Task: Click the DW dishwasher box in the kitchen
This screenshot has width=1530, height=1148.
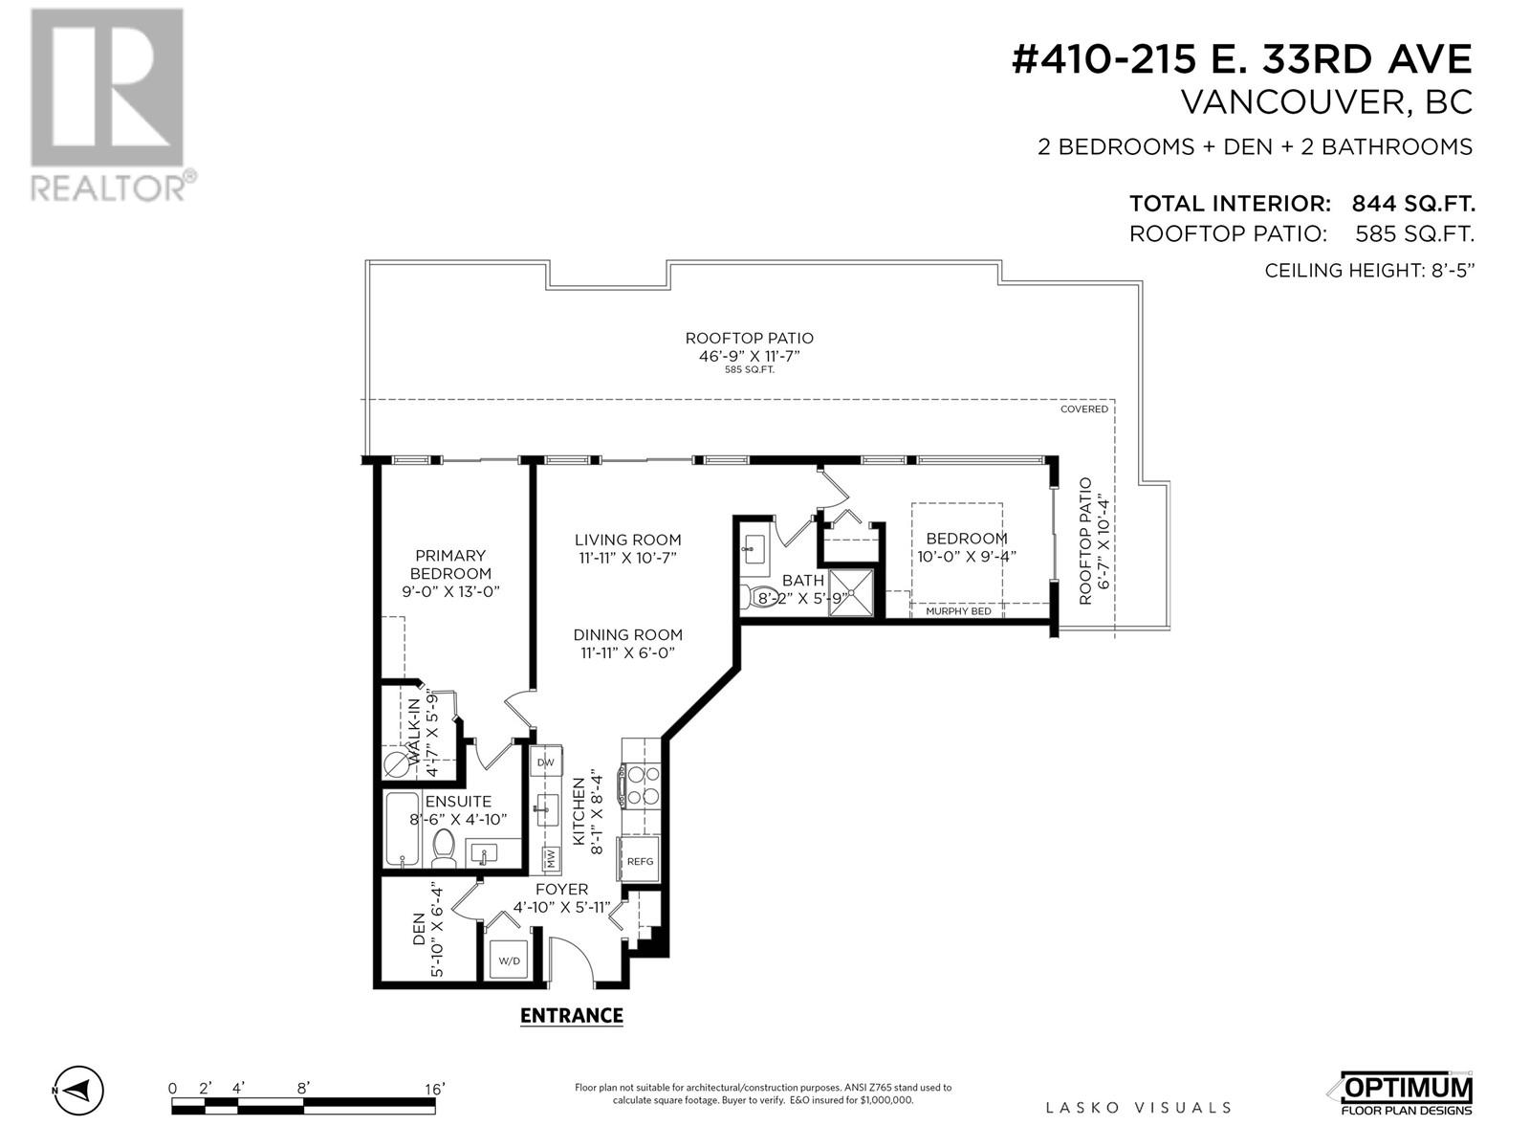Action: (x=545, y=762)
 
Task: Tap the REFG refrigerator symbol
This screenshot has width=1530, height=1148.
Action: (x=640, y=861)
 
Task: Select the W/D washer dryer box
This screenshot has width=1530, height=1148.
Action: (x=507, y=960)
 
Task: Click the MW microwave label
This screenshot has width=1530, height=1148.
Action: (x=551, y=858)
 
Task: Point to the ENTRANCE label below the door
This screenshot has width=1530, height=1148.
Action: (x=571, y=1015)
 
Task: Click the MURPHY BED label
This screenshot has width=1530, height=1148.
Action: (x=958, y=610)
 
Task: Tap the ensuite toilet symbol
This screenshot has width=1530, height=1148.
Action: (x=443, y=846)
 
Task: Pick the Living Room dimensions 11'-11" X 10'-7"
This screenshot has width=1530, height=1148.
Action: (x=627, y=558)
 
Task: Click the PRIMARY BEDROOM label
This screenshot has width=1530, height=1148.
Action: (x=450, y=564)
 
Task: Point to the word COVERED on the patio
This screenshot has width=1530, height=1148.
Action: (x=1083, y=409)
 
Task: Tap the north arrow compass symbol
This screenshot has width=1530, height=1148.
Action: (x=78, y=1090)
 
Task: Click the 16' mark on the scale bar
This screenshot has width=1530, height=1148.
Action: (x=434, y=1089)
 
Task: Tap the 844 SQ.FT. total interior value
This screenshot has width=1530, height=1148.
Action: (x=1412, y=204)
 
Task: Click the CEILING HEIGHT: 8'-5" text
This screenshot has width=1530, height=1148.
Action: (x=1369, y=271)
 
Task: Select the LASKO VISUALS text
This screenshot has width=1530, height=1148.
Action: (x=1138, y=1108)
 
